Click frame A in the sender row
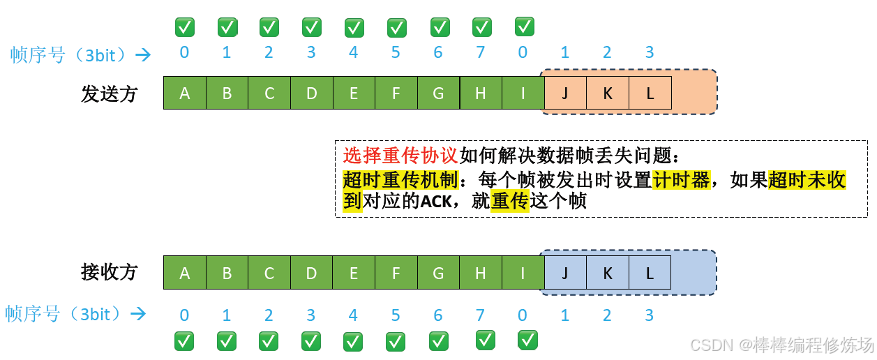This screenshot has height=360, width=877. point(185,93)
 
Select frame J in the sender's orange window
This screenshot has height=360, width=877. point(565,93)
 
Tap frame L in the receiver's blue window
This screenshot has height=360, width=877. point(650,273)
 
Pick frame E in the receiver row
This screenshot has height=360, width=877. point(354,273)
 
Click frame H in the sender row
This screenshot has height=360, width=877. point(481,93)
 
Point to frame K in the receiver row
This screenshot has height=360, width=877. point(607,273)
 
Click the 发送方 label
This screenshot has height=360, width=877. point(109,93)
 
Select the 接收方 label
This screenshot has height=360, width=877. point(109,272)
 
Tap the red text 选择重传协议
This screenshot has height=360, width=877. point(400,155)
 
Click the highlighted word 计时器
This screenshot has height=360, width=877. point(681,180)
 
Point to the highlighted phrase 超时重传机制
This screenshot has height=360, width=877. point(400,180)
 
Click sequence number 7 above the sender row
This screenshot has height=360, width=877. point(480,52)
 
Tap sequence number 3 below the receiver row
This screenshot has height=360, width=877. point(650,315)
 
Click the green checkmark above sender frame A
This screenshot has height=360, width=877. point(185,27)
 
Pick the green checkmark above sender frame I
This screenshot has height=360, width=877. point(525,27)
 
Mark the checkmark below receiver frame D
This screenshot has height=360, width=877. point(311,341)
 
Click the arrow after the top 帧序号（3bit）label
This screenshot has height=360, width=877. point(143,54)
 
